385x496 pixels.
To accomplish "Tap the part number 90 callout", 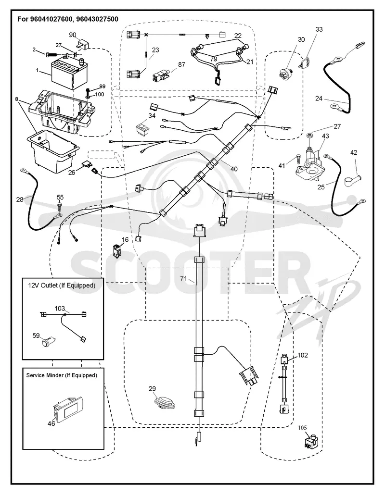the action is point(73,35).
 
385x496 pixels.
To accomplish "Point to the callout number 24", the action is point(319,99).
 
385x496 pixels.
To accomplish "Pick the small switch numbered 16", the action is point(116,249).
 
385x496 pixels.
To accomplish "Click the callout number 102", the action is point(303,355).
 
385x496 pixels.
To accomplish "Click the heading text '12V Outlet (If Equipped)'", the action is point(62,285).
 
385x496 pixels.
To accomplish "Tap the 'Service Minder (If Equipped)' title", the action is point(62,375).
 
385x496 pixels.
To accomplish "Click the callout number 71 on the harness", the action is point(184,278).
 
